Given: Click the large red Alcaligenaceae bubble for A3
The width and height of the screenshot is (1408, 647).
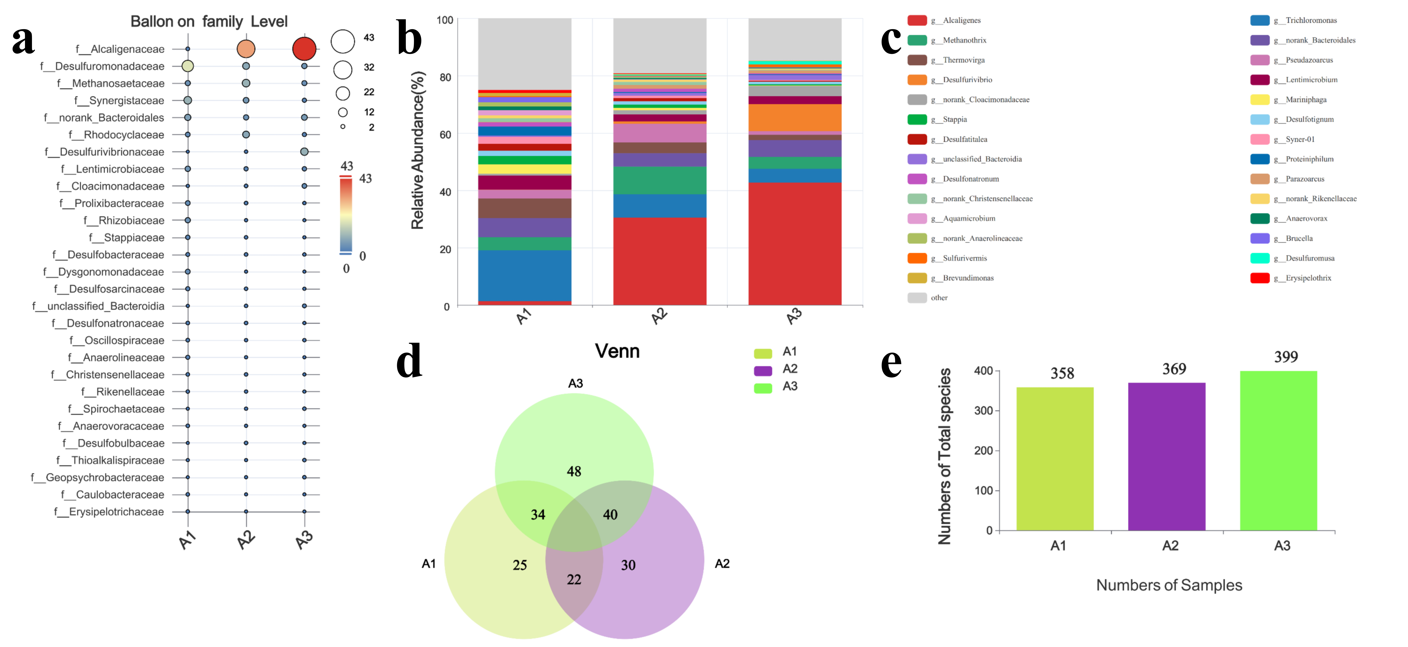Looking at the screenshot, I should point(304,49).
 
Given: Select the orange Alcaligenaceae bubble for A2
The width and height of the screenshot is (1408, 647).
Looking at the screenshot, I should point(246,49).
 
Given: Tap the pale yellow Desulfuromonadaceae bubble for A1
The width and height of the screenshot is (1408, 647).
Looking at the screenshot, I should point(188,66).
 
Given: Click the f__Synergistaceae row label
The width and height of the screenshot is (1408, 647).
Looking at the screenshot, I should point(119,101).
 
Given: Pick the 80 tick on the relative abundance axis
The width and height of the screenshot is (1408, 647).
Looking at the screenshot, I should point(445,77).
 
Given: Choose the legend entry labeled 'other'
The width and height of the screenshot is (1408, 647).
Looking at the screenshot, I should point(939,298).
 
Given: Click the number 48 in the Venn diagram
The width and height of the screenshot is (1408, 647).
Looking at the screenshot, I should point(574,471).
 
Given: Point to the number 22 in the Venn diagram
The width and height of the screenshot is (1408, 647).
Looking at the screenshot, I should point(574,579).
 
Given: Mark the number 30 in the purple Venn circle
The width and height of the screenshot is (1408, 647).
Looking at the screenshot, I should point(628,565).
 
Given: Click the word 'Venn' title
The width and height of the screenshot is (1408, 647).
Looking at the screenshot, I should point(617,351).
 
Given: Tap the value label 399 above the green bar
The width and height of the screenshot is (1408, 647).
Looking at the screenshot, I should point(1286,357).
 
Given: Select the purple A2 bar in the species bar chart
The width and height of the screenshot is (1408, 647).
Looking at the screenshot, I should point(1166,456).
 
